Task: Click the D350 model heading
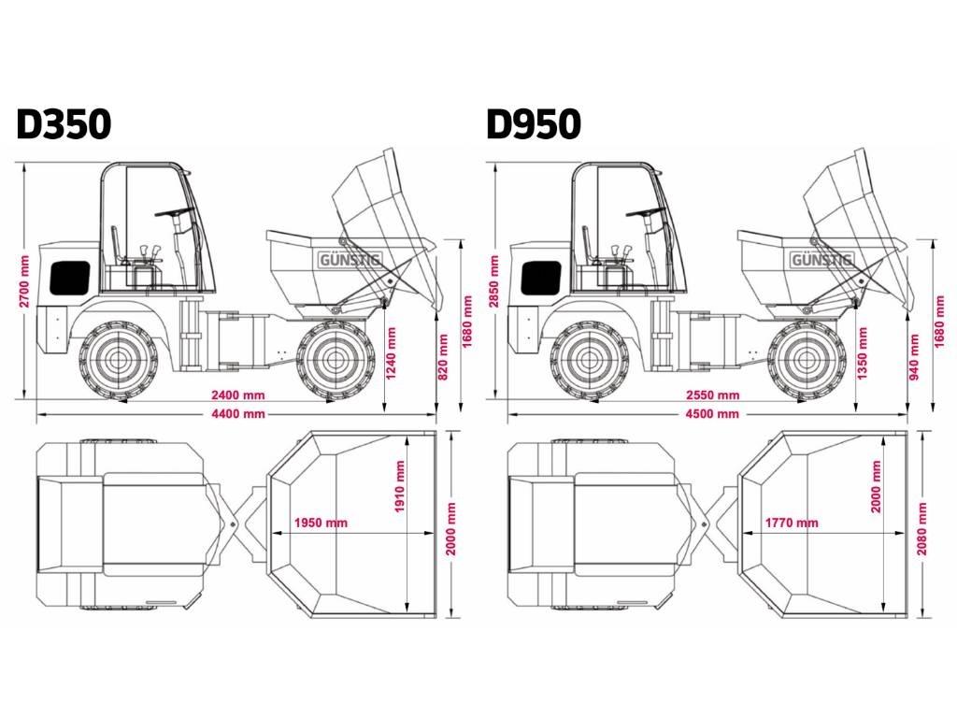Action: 64,124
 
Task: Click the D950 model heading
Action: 534,124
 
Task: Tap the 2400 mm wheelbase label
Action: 236,395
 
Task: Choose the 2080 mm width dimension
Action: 924,528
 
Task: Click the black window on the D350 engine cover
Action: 70,276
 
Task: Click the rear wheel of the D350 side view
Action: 116,359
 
